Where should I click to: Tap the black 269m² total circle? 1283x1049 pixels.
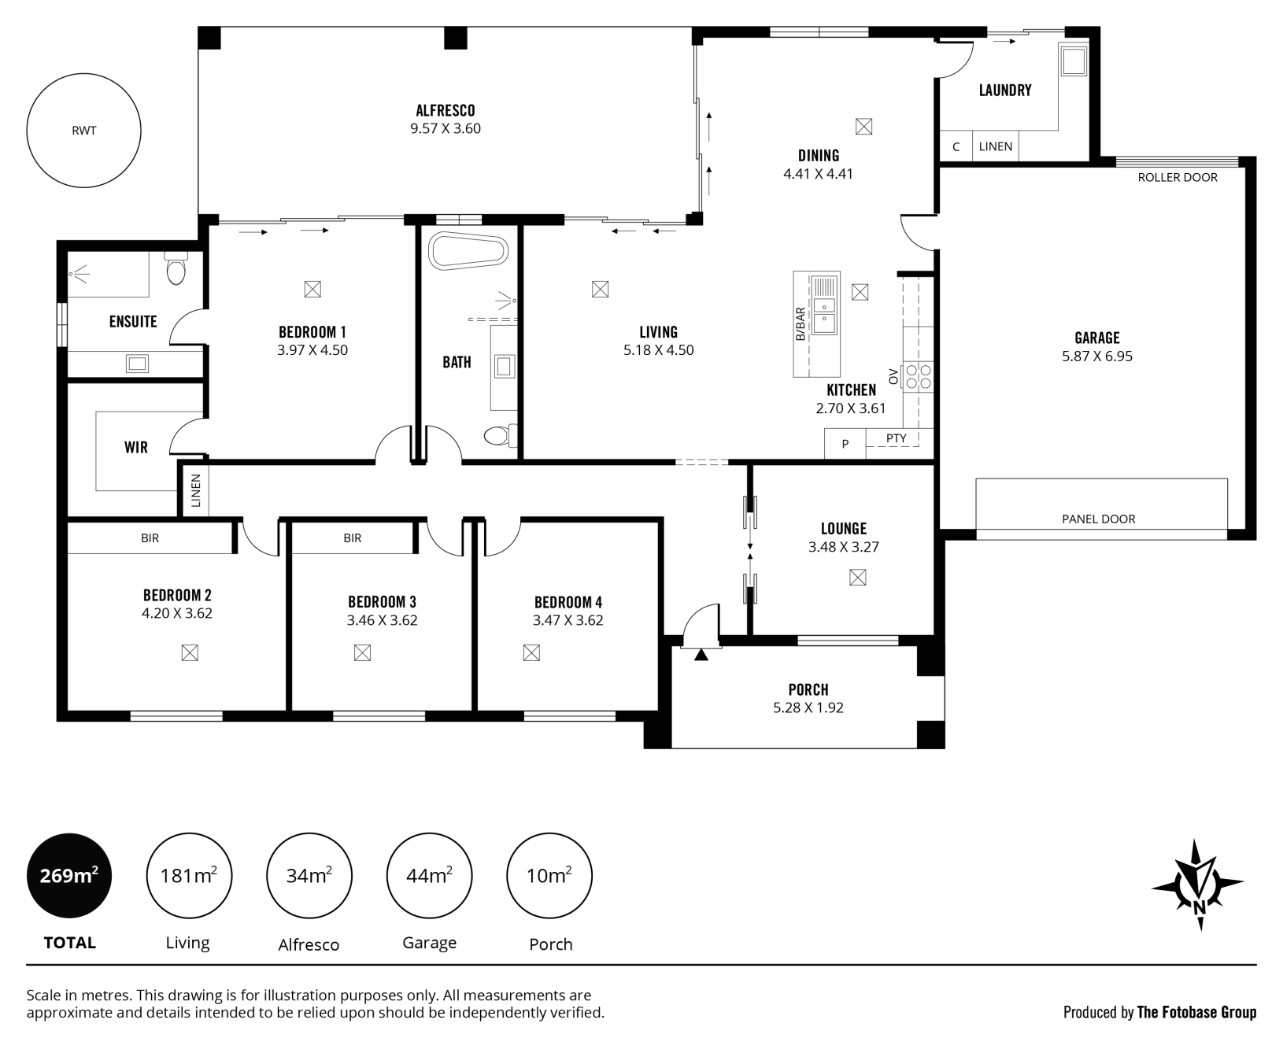tap(69, 875)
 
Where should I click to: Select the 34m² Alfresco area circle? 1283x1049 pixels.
tap(309, 875)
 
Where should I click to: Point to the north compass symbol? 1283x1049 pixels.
tap(1198, 885)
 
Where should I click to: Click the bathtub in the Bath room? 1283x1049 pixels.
tap(468, 252)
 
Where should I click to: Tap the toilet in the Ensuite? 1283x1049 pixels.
tap(176, 268)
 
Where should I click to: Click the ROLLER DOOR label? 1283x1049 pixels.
tap(1178, 178)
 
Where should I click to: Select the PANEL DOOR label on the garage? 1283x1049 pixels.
tap(1099, 519)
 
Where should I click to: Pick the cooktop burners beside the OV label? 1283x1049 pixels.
tap(918, 376)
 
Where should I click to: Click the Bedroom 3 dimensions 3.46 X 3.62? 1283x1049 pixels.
tap(382, 620)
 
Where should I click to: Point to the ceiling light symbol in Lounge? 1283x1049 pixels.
tap(858, 578)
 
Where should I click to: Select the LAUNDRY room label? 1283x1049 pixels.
tap(1005, 90)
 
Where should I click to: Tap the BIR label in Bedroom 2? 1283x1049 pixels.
tap(150, 538)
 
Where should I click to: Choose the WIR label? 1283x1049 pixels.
tap(136, 448)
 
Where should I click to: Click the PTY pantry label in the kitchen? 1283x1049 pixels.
tap(896, 438)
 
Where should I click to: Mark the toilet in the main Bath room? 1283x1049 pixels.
tap(500, 436)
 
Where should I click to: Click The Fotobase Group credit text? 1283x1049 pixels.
tap(1196, 1013)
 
